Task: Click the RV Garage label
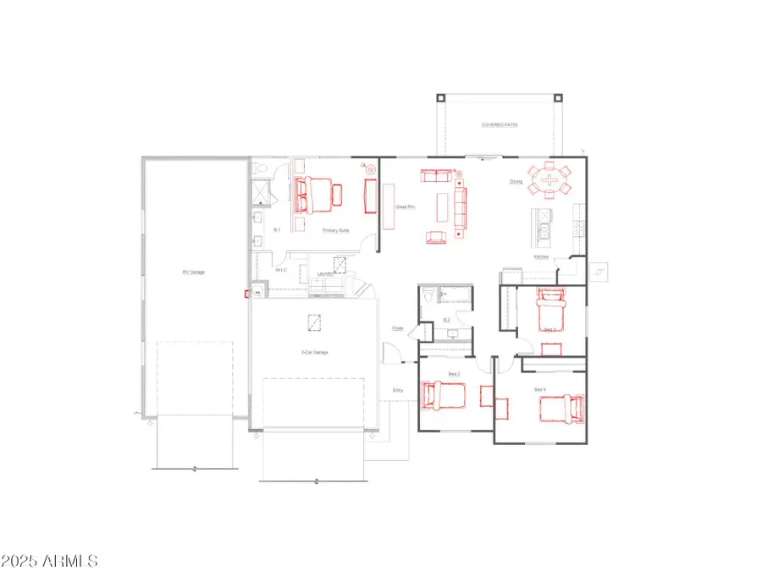193,272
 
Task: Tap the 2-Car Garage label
314,351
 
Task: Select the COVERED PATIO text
500,124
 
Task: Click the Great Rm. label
406,206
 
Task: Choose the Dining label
516,181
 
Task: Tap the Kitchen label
542,256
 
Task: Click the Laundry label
323,273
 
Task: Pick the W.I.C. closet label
281,271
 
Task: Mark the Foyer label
397,327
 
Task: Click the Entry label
397,390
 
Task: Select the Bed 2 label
454,373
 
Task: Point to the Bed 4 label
539,388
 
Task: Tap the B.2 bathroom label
446,320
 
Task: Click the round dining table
549,179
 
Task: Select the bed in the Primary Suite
314,194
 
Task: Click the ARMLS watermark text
51,561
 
